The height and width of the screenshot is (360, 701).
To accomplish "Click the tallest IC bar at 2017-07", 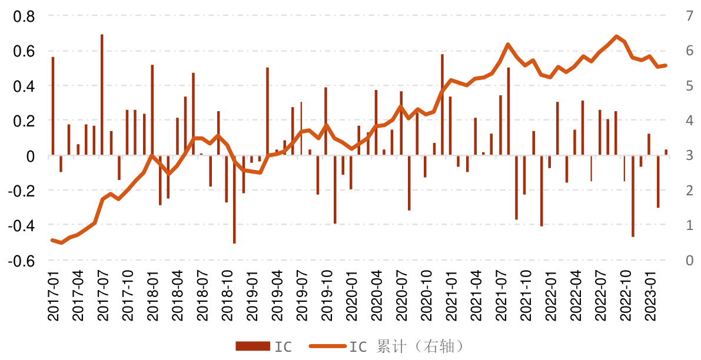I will click(x=102, y=94).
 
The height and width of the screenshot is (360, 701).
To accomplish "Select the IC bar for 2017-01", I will click(x=52, y=106).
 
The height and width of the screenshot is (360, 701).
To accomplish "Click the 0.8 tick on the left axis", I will click(x=25, y=16).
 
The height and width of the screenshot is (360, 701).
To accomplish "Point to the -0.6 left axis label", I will click(x=22, y=261).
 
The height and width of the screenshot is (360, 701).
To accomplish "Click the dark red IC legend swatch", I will click(x=252, y=346).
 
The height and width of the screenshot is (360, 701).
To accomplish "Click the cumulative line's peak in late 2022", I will click(x=616, y=36).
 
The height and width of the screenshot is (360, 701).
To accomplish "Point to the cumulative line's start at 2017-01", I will click(x=52, y=240).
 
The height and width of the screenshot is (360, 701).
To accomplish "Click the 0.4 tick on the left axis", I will click(x=25, y=86).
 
